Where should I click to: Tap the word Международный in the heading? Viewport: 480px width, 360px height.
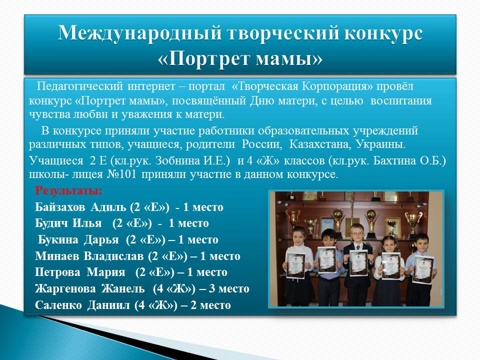[x=139, y=32]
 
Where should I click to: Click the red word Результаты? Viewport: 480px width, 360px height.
[x=69, y=190]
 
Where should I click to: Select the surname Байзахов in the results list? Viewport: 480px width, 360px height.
[x=60, y=207]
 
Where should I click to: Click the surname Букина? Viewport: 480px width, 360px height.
[x=58, y=239]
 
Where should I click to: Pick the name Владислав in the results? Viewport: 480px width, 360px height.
[x=113, y=256]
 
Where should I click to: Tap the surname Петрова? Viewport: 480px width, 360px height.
[x=57, y=272]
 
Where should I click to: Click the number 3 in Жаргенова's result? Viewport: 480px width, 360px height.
[x=211, y=288]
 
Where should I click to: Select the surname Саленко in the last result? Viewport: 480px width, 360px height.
[x=58, y=305]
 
